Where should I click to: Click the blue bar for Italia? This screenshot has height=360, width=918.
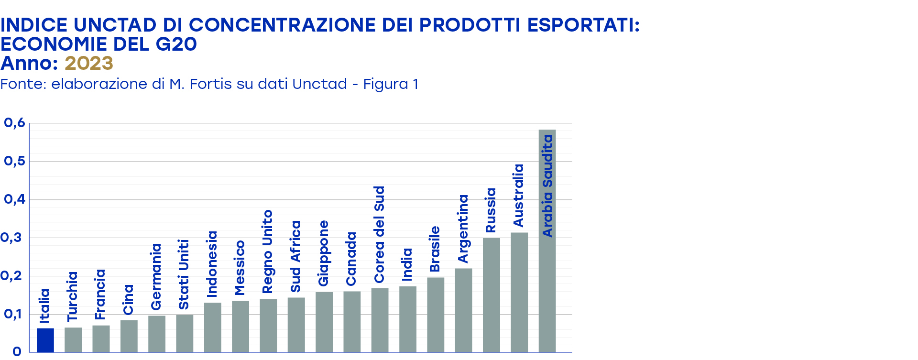point(45,340)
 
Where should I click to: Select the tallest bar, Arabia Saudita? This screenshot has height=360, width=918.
point(547,287)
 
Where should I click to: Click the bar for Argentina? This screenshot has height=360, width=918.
point(463,310)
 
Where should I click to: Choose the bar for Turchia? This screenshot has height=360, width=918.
point(73,340)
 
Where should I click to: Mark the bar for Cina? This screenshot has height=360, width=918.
point(129,336)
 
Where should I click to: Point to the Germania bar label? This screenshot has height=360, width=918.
point(156,277)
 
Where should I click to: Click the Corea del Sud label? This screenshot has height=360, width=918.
point(379,234)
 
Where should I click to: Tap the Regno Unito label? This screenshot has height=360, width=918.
point(268,251)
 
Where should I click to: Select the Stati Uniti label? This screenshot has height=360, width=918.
point(184,274)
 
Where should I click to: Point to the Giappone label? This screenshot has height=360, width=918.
point(324,253)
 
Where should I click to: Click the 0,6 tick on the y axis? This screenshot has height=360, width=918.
point(14,123)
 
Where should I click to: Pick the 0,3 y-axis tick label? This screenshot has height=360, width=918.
point(11,238)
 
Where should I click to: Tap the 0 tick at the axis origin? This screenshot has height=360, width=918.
point(17,352)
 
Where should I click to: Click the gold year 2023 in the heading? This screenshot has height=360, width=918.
point(89,63)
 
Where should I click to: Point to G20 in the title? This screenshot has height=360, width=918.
point(176,44)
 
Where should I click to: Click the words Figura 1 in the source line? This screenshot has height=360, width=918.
point(391,84)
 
